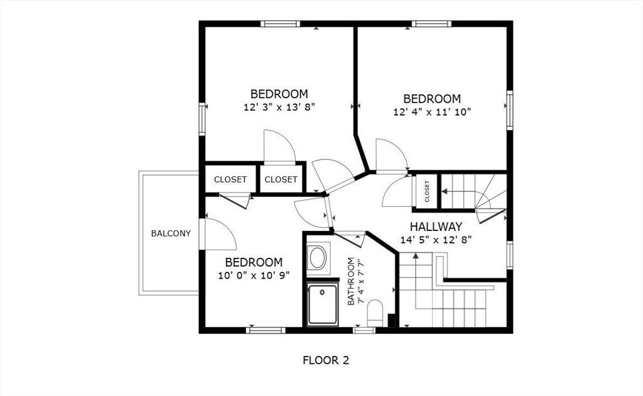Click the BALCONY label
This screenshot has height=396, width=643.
pos(171,233)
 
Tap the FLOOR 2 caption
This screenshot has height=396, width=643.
pos(326,360)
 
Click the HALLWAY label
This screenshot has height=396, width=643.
pos(436,227)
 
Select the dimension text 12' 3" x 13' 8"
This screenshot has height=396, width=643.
pos(279,107)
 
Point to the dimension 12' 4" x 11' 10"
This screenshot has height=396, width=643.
pos(432,112)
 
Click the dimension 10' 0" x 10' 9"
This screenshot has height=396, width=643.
pos(254,276)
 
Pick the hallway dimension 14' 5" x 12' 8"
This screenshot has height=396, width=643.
pos(436,240)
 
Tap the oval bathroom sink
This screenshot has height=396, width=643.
pos(318,258)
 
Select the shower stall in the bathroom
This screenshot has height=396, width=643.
pos(323,304)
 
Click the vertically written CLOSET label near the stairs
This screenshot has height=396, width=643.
pos(427,191)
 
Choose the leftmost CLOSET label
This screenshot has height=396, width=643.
pos(230,179)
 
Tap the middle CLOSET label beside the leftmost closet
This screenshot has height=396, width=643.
pos(281,179)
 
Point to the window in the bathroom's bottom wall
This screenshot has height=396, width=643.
pos(365,329)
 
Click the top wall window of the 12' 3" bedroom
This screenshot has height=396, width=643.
pos(281,24)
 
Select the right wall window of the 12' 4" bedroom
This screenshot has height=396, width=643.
pos(509,110)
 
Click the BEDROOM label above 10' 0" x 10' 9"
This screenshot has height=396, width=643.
pos(254,262)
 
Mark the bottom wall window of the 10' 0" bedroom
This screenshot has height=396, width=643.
pos(266,330)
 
